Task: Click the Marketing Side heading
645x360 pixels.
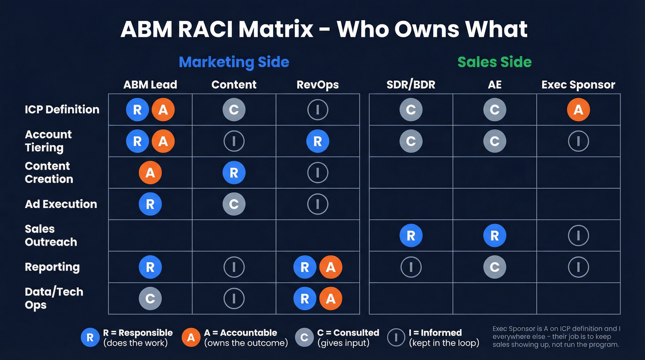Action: (234, 62)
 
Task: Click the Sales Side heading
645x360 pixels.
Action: (494, 62)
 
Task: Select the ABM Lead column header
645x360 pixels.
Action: (150, 85)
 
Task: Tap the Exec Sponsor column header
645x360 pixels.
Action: (578, 85)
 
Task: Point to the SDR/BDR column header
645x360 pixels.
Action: (410, 85)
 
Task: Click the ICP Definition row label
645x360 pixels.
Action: (62, 110)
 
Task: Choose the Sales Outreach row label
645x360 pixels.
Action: (51, 236)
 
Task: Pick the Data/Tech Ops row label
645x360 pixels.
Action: (54, 298)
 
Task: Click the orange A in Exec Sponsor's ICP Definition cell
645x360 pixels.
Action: (579, 110)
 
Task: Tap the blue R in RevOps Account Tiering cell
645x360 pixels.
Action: (317, 142)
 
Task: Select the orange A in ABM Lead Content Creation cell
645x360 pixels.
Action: (150, 173)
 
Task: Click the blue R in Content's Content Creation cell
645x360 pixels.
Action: (234, 173)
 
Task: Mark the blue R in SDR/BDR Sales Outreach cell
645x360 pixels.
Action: (411, 236)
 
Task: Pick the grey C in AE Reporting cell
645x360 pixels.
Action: (495, 267)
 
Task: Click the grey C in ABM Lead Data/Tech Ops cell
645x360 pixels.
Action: (150, 299)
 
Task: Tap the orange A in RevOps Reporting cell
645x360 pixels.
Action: (330, 267)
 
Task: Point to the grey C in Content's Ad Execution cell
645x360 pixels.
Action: (234, 204)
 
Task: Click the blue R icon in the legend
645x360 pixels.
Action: (90, 337)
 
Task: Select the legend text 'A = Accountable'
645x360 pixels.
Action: (240, 333)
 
